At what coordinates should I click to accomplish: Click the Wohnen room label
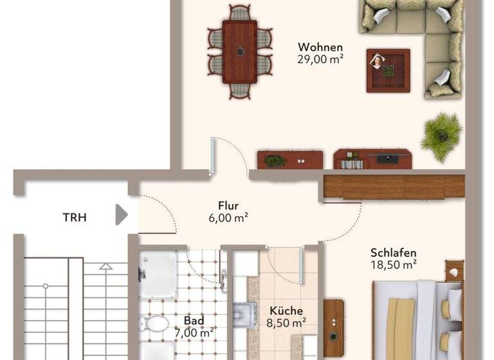320,47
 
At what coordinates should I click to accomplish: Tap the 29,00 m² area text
320,59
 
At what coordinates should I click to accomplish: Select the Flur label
228,206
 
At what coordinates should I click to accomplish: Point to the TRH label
75,217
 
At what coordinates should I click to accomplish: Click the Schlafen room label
393,253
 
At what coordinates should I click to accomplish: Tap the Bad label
194,320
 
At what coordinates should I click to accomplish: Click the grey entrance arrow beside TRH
121,215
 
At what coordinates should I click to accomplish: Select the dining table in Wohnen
239,51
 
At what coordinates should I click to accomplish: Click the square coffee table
388,70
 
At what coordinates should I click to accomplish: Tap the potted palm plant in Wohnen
442,136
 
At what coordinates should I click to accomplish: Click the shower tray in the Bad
157,273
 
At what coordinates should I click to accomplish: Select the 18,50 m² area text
393,264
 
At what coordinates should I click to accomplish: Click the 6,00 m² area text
228,217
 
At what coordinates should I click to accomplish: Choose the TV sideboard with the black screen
372,159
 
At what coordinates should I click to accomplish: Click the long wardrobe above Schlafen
394,186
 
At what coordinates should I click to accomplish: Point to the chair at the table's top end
240,12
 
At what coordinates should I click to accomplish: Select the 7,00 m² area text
194,332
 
